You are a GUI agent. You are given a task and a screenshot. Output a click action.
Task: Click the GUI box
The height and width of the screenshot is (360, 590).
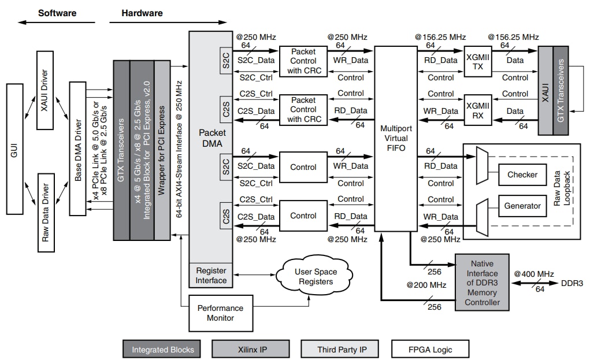(x=15, y=153)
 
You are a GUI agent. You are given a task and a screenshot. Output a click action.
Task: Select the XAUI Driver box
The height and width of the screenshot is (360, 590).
(x=45, y=90)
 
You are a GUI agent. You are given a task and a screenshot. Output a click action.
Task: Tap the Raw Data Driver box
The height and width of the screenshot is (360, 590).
(x=45, y=212)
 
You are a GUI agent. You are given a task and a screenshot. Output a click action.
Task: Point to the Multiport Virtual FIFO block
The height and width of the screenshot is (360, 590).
(x=396, y=139)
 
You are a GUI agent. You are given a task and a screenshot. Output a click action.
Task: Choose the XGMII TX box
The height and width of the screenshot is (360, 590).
(x=477, y=61)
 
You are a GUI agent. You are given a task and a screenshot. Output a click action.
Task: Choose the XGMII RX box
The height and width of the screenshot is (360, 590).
(x=477, y=110)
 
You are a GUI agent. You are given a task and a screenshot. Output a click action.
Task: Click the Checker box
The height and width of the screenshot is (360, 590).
(x=522, y=175)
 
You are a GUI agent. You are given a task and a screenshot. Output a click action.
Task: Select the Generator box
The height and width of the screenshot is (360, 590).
(x=522, y=206)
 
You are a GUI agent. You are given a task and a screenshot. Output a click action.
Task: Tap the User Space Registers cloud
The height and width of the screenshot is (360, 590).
(x=315, y=277)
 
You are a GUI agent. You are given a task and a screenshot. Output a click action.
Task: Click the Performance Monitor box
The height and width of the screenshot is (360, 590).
(x=220, y=313)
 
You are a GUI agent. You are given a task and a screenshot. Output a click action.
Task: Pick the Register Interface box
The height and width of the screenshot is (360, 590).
(x=211, y=275)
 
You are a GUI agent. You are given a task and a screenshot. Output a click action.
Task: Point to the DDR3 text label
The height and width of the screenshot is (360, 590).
(x=572, y=284)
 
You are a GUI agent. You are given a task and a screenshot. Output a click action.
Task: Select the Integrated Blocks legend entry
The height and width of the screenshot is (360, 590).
(x=162, y=349)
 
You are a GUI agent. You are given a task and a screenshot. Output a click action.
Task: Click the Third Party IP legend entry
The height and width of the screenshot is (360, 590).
(x=340, y=349)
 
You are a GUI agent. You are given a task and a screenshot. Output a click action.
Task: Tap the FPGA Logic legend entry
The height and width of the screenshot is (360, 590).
(x=429, y=349)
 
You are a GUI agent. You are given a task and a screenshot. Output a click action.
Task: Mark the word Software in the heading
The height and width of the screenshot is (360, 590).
(x=57, y=12)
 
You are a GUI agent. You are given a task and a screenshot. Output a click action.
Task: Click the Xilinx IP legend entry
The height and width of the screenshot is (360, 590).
(x=251, y=349)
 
